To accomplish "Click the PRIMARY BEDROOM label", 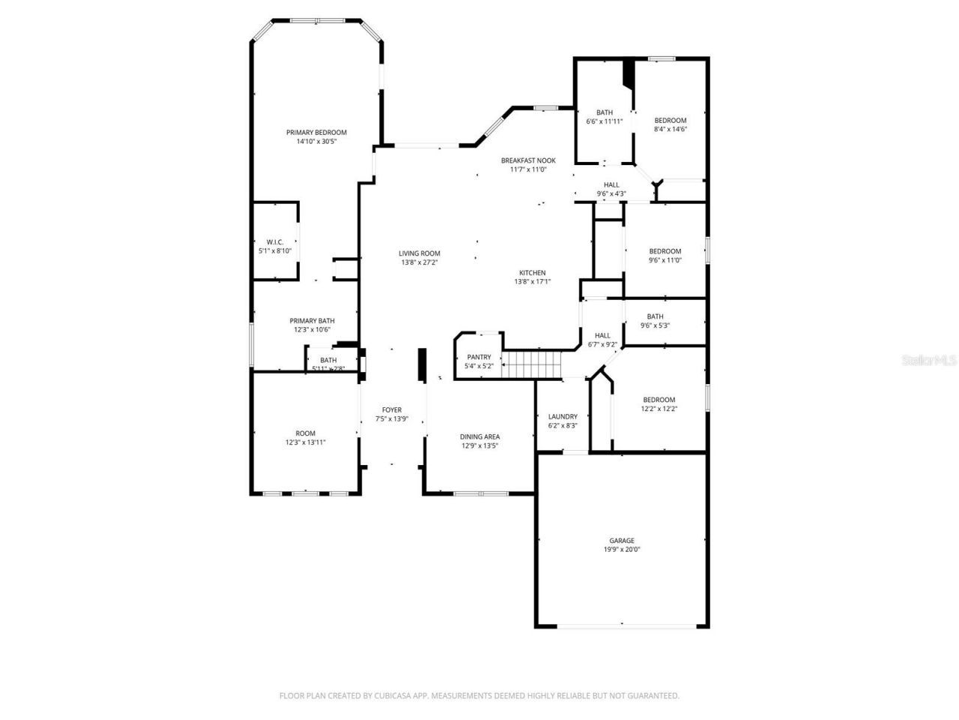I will pos(316,133).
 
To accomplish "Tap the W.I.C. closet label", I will pos(274,241).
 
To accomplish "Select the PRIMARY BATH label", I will pos(312,321).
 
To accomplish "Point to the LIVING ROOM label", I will pos(420,253).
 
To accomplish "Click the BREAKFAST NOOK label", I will pos(528,160).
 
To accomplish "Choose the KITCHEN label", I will pos(533,273).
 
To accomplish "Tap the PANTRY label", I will pos(479,357).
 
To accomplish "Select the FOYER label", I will pos(392,409).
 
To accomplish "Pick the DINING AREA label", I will pos(479,436).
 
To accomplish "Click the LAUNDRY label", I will pos(563,417).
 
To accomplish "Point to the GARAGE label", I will pos(622,540).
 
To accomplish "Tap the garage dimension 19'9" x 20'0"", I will pos(622,549).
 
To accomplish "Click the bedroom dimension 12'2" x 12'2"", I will pos(659,409).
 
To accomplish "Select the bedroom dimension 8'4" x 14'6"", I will pos(670,129).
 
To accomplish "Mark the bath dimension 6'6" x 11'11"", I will pos(604,121).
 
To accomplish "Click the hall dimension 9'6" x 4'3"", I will pos(611,193).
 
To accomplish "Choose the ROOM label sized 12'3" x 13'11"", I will pos(305,433).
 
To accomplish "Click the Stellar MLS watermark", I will pos(929,360).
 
